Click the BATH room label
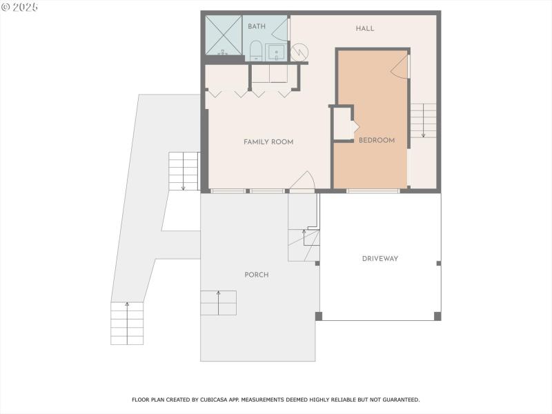257,26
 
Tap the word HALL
365,28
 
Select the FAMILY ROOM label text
268,142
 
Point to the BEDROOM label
377,141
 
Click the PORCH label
257,275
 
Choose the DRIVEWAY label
380,259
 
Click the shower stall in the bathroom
224,36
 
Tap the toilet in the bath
255,50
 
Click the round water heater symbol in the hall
300,52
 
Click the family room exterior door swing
302,181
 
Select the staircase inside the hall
423,120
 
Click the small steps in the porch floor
219,303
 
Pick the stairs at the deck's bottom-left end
127,323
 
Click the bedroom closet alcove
344,124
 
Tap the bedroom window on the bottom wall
373,190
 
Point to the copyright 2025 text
20,6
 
